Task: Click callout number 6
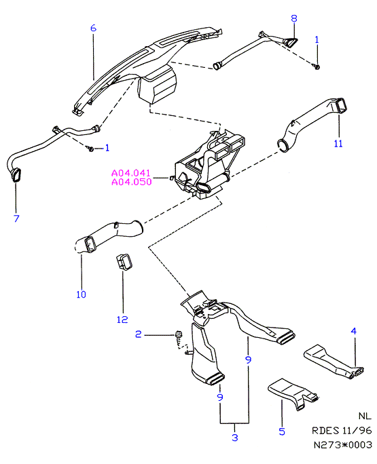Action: [x=93, y=28]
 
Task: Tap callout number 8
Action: [x=293, y=18]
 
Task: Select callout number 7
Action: [x=16, y=218]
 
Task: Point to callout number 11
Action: [x=338, y=144]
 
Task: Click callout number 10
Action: [x=81, y=294]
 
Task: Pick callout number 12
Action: [x=122, y=320]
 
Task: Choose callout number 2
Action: [x=139, y=334]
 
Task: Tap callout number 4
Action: [x=354, y=331]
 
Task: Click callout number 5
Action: [x=282, y=431]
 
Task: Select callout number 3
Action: [x=235, y=438]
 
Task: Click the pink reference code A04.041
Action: [x=131, y=173]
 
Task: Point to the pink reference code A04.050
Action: [x=132, y=182]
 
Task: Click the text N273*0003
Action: [x=342, y=444]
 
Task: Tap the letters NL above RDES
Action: [x=365, y=416]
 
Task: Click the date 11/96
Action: [x=357, y=430]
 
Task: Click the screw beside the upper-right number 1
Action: [x=317, y=66]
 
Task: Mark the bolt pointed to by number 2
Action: [x=179, y=334]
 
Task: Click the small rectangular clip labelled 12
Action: [x=124, y=262]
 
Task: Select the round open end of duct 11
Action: [x=283, y=146]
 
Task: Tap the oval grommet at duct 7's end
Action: [x=16, y=175]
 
